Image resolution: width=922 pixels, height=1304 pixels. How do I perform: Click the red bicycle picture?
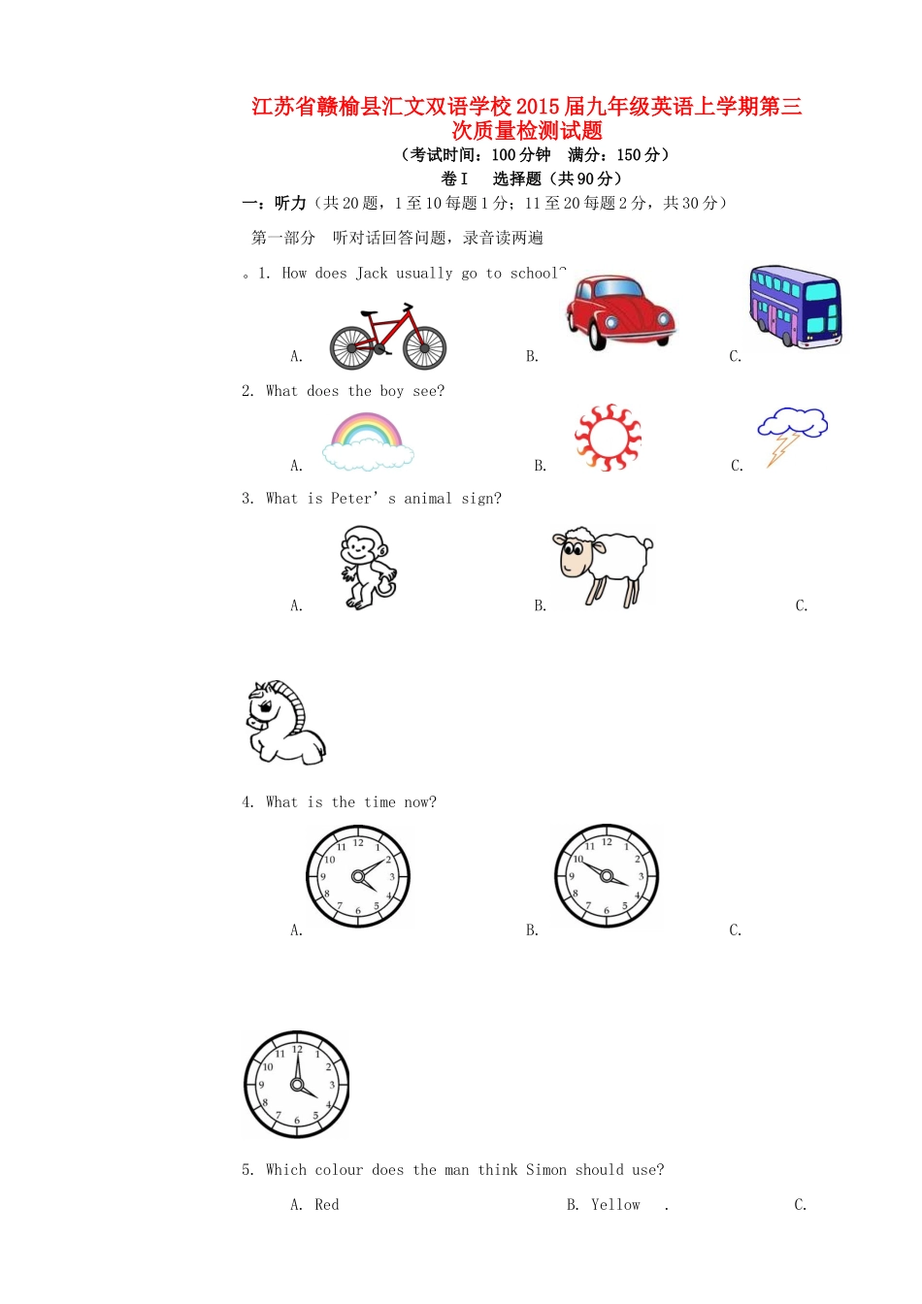click(387, 337)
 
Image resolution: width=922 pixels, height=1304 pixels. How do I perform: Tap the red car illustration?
click(619, 310)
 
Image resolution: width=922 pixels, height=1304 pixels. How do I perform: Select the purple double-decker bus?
click(795, 307)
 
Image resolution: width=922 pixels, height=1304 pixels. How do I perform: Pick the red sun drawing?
click(608, 438)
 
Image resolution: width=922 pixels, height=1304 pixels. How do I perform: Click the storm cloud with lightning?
click(791, 434)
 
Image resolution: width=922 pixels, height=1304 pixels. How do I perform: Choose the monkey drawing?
click(368, 568)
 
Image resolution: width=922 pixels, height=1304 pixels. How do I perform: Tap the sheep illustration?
click(604, 566)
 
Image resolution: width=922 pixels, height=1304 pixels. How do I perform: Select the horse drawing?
click(284, 723)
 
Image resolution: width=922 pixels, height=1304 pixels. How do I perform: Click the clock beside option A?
click(358, 876)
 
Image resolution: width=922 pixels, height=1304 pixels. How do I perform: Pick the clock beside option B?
click(607, 876)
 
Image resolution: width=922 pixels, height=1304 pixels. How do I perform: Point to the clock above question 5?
click(296, 1084)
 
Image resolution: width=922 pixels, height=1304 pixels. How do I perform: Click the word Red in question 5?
click(327, 1205)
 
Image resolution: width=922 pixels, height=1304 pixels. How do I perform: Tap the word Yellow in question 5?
click(615, 1205)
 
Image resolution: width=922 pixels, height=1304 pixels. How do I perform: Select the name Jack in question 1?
click(372, 274)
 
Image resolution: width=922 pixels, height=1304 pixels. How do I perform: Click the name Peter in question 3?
click(351, 499)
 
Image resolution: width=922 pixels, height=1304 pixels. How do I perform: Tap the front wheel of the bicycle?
click(424, 347)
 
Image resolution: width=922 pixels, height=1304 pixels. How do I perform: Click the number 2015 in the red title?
click(539, 107)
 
